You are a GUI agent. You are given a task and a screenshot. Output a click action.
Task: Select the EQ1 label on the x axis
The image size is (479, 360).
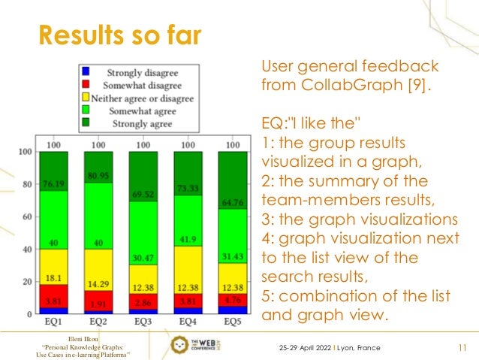(53, 322)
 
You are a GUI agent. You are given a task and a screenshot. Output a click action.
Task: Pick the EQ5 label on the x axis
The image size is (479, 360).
(232, 322)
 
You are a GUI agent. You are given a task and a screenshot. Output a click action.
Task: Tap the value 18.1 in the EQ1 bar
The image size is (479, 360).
(53, 277)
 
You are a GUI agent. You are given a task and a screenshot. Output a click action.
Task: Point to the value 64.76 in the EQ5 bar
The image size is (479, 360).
(232, 203)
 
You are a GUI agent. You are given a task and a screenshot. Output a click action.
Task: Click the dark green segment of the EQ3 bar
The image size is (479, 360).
(143, 169)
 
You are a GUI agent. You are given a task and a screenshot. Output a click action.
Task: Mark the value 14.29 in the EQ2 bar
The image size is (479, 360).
(98, 285)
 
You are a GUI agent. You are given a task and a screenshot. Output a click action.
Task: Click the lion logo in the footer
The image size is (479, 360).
(179, 346)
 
